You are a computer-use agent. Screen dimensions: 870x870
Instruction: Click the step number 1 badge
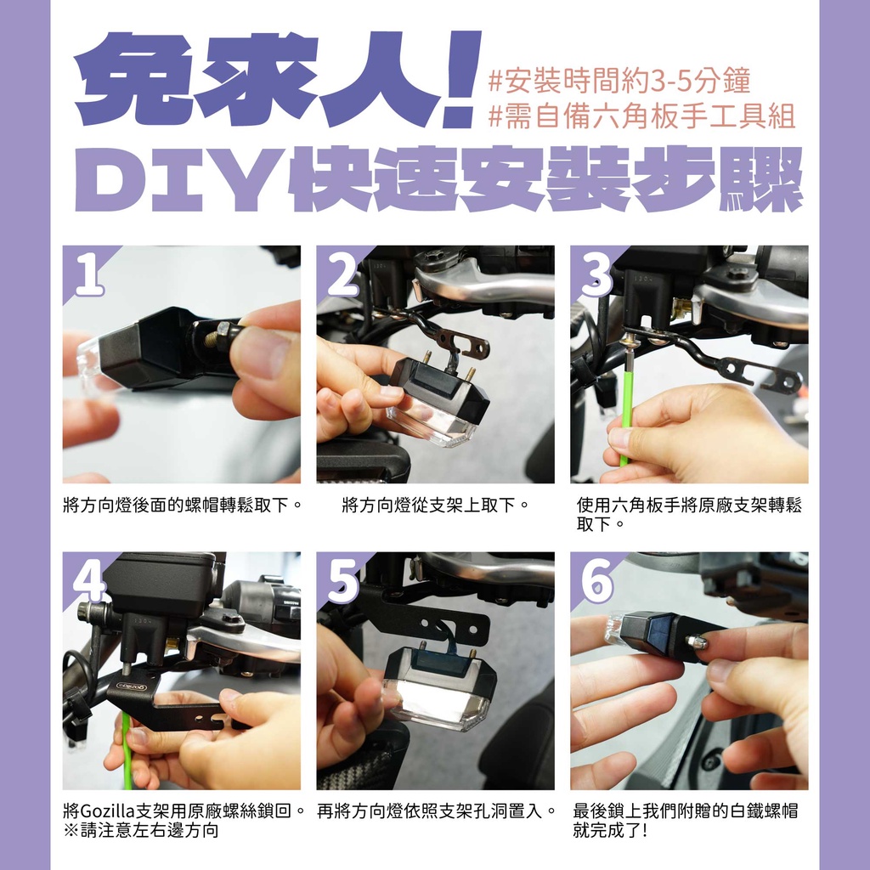pyautogui.click(x=89, y=274)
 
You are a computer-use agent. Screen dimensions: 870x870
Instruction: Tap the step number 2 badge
pyautogui.click(x=343, y=274)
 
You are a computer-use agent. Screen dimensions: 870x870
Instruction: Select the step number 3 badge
pyautogui.click(x=596, y=274)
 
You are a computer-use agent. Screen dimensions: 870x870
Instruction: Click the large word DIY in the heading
pyautogui.click(x=179, y=179)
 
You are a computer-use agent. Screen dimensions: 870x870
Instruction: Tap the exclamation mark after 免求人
pyautogui.click(x=461, y=77)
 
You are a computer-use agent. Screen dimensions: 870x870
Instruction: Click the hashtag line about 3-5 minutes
pyautogui.click(x=619, y=81)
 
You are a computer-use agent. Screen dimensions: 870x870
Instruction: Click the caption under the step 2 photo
pyautogui.click(x=436, y=505)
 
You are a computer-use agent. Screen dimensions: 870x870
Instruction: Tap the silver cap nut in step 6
pyautogui.click(x=698, y=642)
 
